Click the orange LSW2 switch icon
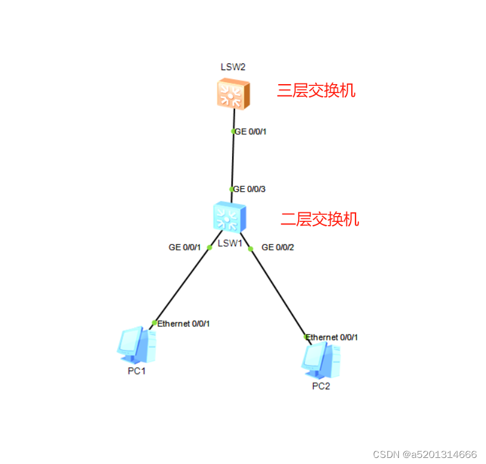coord(233,94)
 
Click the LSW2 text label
coord(233,67)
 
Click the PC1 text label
coord(137,371)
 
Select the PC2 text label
coord(321,387)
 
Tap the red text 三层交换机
coord(316,91)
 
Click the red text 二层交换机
coord(320,219)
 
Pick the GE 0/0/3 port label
coord(250,189)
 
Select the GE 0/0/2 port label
coord(277,247)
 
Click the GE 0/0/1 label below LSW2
coord(251,131)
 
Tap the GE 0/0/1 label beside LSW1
coord(184,247)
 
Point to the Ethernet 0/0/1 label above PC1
coord(183,324)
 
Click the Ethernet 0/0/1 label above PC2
coord(332,337)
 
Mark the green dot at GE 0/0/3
coord(232,189)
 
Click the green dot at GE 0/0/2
coord(251,248)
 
